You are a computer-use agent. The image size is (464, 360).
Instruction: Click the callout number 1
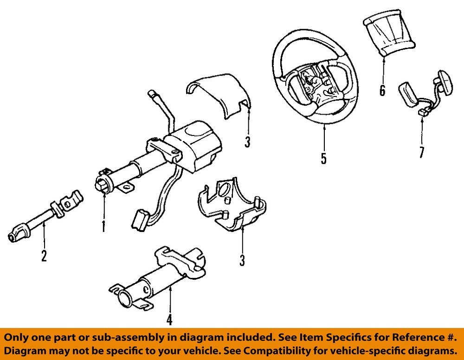(x=103, y=226)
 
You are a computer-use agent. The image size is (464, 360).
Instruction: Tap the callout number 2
(x=44, y=256)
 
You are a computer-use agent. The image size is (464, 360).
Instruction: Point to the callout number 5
(x=323, y=159)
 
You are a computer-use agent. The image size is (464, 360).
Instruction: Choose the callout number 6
(x=382, y=90)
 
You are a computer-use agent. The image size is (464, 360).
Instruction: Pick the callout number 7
(x=421, y=152)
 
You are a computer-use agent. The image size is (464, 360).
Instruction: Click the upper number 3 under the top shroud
(x=247, y=142)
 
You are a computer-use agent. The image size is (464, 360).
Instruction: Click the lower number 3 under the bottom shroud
(x=242, y=261)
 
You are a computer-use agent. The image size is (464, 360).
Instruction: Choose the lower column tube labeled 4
(x=158, y=278)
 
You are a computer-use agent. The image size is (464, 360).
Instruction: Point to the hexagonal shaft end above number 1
(x=102, y=186)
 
